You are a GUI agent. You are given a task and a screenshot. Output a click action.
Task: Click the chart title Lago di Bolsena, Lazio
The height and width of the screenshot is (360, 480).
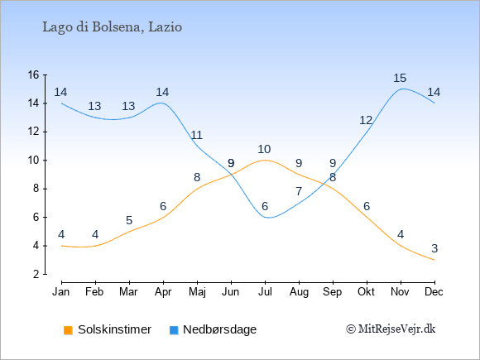click(x=113, y=27)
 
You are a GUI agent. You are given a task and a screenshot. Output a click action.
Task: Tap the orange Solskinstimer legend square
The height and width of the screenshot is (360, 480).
click(x=68, y=330)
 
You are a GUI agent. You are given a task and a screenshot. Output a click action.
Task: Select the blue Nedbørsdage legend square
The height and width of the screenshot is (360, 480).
click(x=174, y=330)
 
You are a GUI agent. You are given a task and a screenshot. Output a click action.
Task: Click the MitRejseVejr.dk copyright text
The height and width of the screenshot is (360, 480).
click(x=391, y=329)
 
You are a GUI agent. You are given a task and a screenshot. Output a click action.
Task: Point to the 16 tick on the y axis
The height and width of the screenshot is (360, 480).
click(x=33, y=74)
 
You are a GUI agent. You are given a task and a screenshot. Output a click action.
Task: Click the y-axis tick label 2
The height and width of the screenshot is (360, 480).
click(x=36, y=274)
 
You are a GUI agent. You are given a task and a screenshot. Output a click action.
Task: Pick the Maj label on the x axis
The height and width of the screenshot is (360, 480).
click(x=197, y=292)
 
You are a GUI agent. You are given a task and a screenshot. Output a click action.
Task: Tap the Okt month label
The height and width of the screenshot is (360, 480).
click(x=366, y=292)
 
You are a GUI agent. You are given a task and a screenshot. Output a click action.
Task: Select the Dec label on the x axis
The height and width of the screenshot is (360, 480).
click(x=434, y=292)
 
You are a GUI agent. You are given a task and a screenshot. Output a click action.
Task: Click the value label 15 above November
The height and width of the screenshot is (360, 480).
click(x=400, y=78)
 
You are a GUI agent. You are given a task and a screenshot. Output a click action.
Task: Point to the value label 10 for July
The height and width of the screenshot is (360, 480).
click(x=264, y=150)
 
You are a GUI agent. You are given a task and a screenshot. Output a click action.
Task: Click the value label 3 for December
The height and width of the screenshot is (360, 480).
click(x=434, y=248)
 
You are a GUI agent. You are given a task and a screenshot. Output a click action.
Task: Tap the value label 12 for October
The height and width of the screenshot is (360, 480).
click(x=366, y=121)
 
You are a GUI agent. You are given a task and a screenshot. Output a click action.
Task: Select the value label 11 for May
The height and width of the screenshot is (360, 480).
click(x=196, y=135)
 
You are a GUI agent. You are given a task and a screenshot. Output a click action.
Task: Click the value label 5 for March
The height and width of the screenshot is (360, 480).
click(x=129, y=220)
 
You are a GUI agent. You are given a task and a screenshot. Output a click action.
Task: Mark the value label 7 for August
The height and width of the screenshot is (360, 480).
click(x=299, y=192)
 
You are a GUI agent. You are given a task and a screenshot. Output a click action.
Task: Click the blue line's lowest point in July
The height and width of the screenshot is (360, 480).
click(x=268, y=218)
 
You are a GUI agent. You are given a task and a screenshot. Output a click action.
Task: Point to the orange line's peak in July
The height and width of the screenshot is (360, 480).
click(x=265, y=160)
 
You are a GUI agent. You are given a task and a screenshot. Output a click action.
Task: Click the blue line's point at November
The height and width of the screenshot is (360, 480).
click(x=401, y=89)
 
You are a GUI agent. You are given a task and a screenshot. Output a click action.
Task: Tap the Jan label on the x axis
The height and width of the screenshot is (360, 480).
click(x=61, y=292)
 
